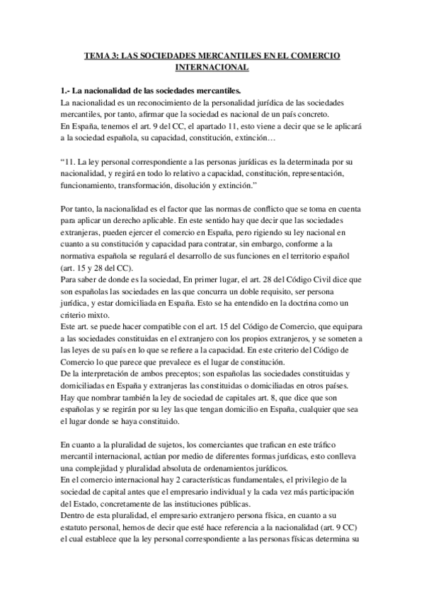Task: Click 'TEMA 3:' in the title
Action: pos(101,55)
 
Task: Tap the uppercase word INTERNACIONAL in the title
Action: pos(212,68)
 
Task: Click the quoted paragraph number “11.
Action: pos(71,162)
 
